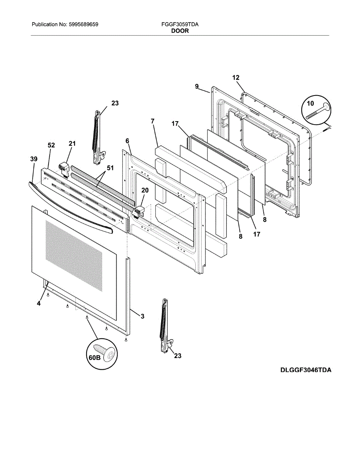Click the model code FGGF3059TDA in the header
point(180,24)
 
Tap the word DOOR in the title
point(180,31)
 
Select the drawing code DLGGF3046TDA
point(306,370)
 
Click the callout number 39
point(34,159)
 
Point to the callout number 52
point(51,145)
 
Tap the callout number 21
point(72,144)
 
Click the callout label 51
point(110,168)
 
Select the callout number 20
point(145,190)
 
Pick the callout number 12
point(236,78)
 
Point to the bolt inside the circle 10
point(317,111)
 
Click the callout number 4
point(39,304)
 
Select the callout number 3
point(142,316)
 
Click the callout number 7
point(153,121)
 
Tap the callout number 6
point(127,140)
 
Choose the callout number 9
point(197,86)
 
